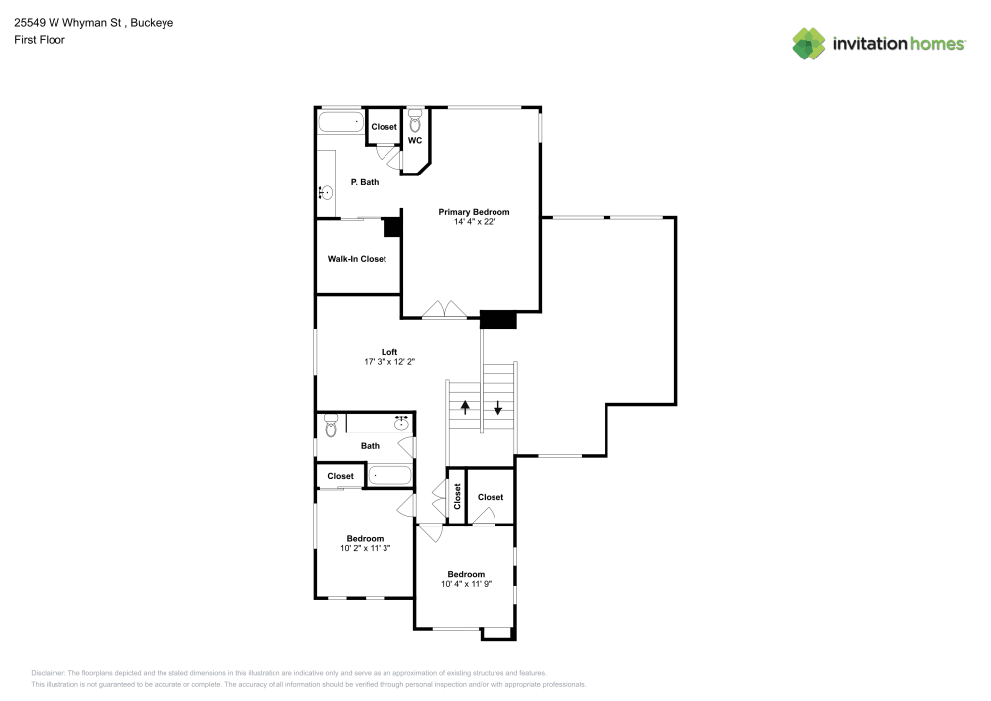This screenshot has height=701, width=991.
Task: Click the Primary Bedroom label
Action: coord(474,212)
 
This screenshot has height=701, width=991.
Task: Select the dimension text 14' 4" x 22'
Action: coord(474,222)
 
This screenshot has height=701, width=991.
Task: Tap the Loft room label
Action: coord(389,352)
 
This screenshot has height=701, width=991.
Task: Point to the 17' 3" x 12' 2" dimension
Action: coord(389,362)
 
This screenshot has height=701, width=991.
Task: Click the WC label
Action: coord(415,141)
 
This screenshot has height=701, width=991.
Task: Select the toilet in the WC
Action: coord(415,123)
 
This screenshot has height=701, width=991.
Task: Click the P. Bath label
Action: coord(365,182)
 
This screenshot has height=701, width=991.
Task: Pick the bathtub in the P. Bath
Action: coord(340,124)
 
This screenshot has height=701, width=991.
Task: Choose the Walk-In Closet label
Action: coord(357,259)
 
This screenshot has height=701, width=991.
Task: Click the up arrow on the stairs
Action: coord(464,406)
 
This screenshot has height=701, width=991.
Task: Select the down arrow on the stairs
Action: coord(498,406)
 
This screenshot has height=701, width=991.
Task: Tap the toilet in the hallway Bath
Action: coord(331,426)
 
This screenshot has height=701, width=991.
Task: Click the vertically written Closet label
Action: coord(457,497)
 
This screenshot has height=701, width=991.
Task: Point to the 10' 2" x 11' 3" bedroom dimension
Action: coord(365,548)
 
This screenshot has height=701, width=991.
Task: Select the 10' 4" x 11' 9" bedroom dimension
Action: coord(466,584)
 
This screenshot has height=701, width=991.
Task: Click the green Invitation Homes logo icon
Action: coord(809,43)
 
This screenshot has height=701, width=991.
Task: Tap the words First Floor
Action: coord(40,40)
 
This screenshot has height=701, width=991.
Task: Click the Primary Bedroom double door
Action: coord(445,309)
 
